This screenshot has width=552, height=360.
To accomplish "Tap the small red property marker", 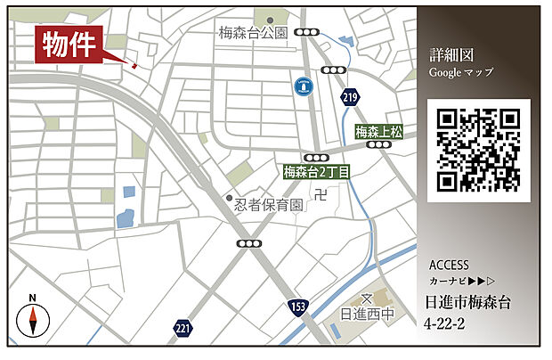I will tap(134, 65).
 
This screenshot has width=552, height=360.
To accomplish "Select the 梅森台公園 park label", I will tap(254, 33).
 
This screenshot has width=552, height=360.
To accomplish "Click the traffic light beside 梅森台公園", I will tap(309, 32).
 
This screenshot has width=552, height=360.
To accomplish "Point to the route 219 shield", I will tap(349, 97).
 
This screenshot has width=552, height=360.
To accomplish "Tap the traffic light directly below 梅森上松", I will tap(380, 144).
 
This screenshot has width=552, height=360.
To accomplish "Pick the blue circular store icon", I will tap(303, 86).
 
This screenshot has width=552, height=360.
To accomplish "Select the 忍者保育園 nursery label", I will tap(268, 205).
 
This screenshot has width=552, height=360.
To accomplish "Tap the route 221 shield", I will tap(183, 328).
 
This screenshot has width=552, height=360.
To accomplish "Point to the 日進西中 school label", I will tap(367, 315).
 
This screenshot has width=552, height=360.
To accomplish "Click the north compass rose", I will tap(32, 319).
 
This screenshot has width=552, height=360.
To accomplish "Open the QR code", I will tap(478, 150).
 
